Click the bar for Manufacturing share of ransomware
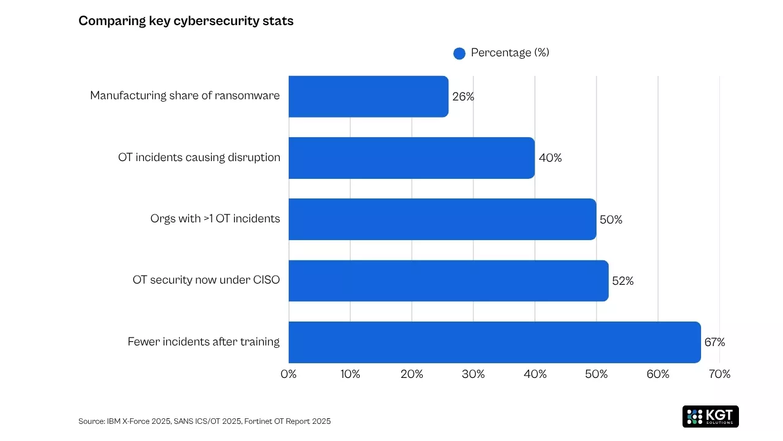click(x=368, y=96)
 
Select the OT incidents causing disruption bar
click(x=411, y=158)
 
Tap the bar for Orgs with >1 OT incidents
click(x=442, y=219)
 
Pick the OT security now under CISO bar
click(x=448, y=281)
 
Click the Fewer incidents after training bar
click(x=494, y=342)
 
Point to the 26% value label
click(x=463, y=97)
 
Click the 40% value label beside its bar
click(x=550, y=158)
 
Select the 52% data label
click(x=623, y=281)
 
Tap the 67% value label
click(x=714, y=342)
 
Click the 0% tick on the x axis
click(x=289, y=374)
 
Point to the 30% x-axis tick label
click(x=473, y=374)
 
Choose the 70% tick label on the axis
click(x=719, y=374)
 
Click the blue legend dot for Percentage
click(x=459, y=53)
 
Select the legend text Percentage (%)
click(x=510, y=53)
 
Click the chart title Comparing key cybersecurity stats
click(x=186, y=21)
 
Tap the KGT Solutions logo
click(x=710, y=416)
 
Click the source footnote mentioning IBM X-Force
click(x=204, y=421)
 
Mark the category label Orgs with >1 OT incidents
click(x=215, y=219)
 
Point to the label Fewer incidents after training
click(x=204, y=342)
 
